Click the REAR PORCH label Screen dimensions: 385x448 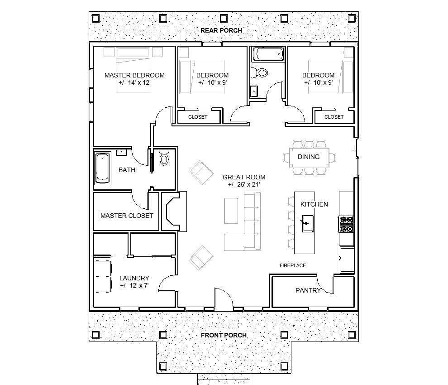coord(221,30)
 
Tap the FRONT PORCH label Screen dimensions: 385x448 coord(224,335)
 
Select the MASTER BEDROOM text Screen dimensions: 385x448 coord(134,75)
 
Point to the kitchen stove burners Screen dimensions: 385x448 coord(347,224)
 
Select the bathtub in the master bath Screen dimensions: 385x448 coord(103,168)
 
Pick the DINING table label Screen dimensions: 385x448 coord(309,157)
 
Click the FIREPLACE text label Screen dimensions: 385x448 coord(292,265)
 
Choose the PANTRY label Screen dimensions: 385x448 coord(308,290)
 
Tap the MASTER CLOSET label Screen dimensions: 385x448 coord(127,216)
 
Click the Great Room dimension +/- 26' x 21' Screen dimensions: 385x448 coord(244,185)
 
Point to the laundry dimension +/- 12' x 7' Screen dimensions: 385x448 coord(134,286)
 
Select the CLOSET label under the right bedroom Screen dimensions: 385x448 coord(334,117)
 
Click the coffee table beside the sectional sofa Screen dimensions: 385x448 coord(231,211)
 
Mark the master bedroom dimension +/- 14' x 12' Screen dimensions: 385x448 coord(134,83)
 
